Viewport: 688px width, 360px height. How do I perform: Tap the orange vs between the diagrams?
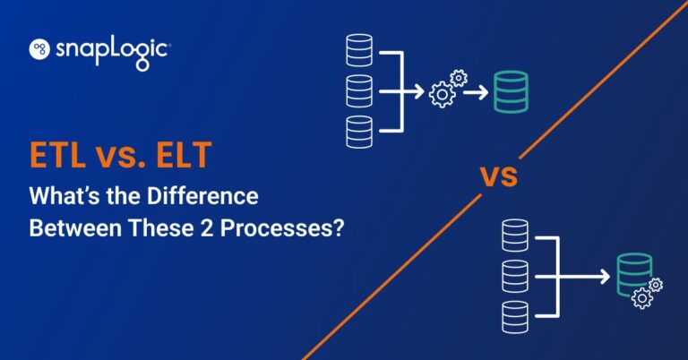pos(501,176)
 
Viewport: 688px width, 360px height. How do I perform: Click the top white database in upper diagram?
pos(358,49)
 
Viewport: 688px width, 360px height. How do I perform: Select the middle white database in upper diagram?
pos(358,91)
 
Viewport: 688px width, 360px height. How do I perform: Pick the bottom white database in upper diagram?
pos(358,132)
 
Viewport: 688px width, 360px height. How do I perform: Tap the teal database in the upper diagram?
pos(511,91)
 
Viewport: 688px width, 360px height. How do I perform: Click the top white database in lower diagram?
pos(516,236)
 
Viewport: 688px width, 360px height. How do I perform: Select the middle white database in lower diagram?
pos(516,276)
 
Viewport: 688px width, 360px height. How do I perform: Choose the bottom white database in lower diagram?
pos(516,316)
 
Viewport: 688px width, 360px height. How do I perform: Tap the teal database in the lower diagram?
pos(632,272)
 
